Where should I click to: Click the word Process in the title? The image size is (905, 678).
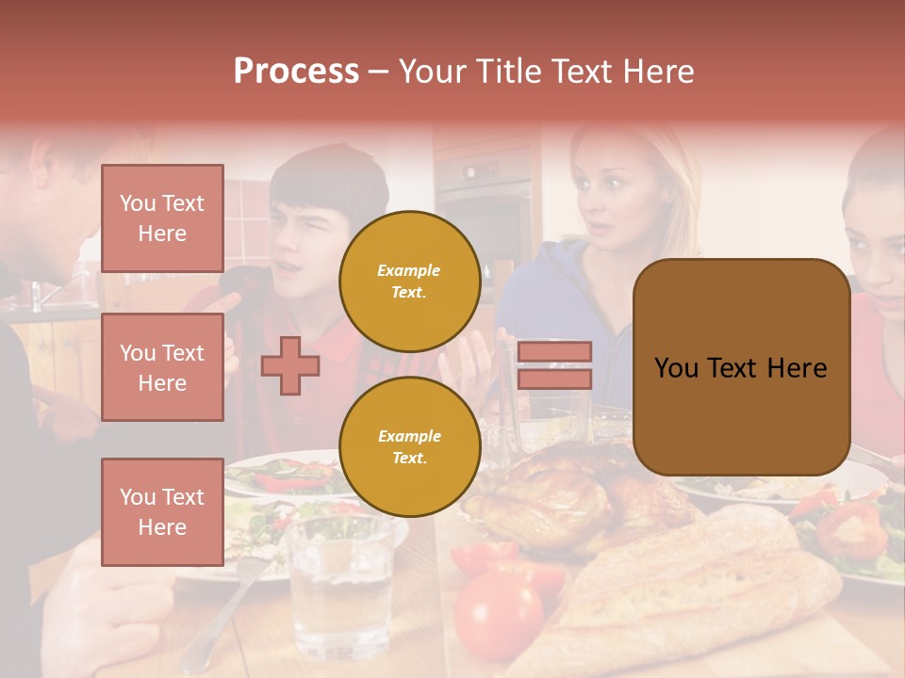(x=296, y=72)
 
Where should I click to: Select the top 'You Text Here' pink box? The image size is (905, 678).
(x=162, y=218)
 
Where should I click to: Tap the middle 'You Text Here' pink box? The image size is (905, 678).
(x=162, y=367)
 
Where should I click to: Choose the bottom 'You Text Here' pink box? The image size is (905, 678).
(x=162, y=511)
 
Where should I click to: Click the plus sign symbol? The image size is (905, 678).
(x=289, y=365)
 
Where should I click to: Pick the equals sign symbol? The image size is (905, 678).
(x=554, y=365)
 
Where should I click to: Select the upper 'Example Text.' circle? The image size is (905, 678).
(x=409, y=281)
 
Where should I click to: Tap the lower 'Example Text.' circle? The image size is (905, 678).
(x=409, y=446)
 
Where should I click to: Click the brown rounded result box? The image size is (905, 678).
(x=741, y=367)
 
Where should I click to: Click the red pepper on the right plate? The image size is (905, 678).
(x=848, y=532)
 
